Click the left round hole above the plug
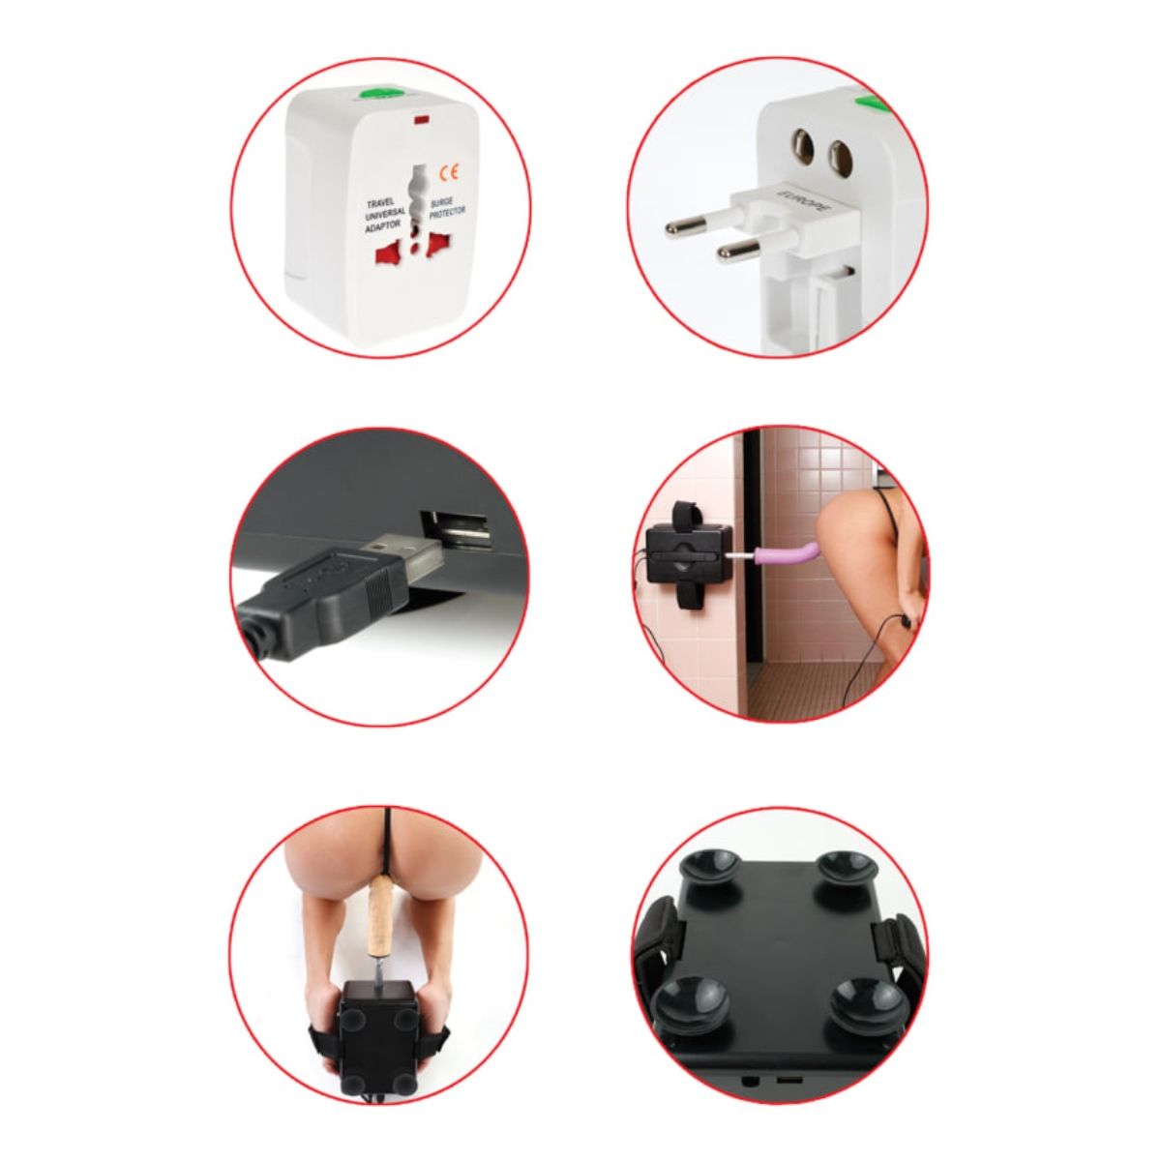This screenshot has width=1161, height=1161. [802, 146]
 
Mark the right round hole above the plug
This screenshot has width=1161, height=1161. [838, 152]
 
